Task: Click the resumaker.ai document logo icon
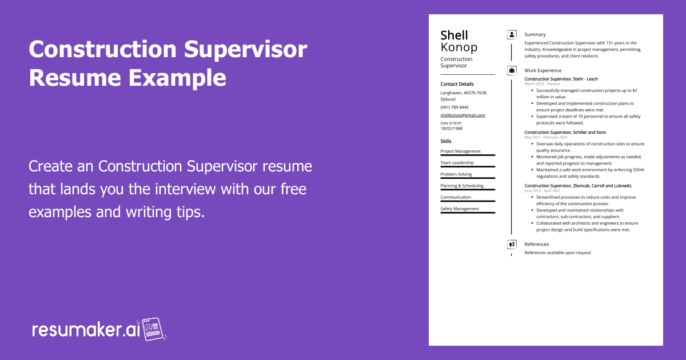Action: tap(154, 329)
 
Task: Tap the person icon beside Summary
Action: tap(512, 35)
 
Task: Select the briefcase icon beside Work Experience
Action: tap(512, 70)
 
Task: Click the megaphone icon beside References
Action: tap(512, 245)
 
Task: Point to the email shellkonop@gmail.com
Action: tap(462, 115)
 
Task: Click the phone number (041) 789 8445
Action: tap(454, 107)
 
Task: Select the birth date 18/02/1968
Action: tap(452, 129)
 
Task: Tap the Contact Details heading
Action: tap(457, 84)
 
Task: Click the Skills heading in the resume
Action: tap(446, 141)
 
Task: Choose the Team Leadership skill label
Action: tap(457, 162)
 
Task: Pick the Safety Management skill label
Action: tap(460, 209)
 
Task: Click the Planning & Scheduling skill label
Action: tap(462, 186)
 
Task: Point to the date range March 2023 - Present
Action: tap(542, 84)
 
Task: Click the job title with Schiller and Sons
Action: tap(565, 132)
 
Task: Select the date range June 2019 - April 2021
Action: tap(542, 190)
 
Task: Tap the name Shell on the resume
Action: tap(454, 35)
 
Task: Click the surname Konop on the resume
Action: tap(458, 47)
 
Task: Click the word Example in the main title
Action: tap(177, 78)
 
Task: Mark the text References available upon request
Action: tap(558, 253)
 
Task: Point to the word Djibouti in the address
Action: tap(448, 99)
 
